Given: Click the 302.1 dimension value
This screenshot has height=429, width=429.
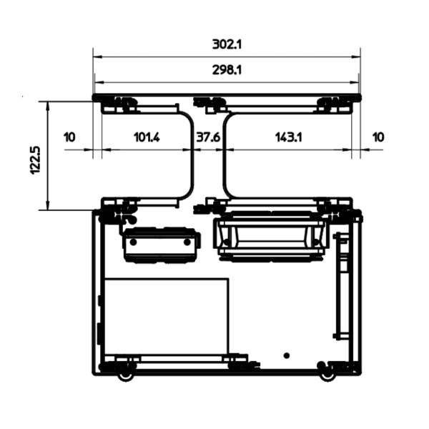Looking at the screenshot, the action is point(227,44).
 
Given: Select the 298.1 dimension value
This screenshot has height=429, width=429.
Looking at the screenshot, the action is point(227,70).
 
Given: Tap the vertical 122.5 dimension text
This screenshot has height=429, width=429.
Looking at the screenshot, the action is point(35,160).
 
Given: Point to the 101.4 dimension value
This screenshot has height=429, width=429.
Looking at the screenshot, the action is point(147,137).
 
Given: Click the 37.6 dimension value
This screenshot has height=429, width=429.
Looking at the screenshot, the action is point(208,137).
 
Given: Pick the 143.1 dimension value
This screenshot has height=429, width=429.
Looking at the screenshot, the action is point(289,137).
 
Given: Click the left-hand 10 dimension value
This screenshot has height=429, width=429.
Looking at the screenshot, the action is point(69,137).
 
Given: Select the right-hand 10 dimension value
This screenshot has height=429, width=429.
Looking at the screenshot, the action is point(378,137).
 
